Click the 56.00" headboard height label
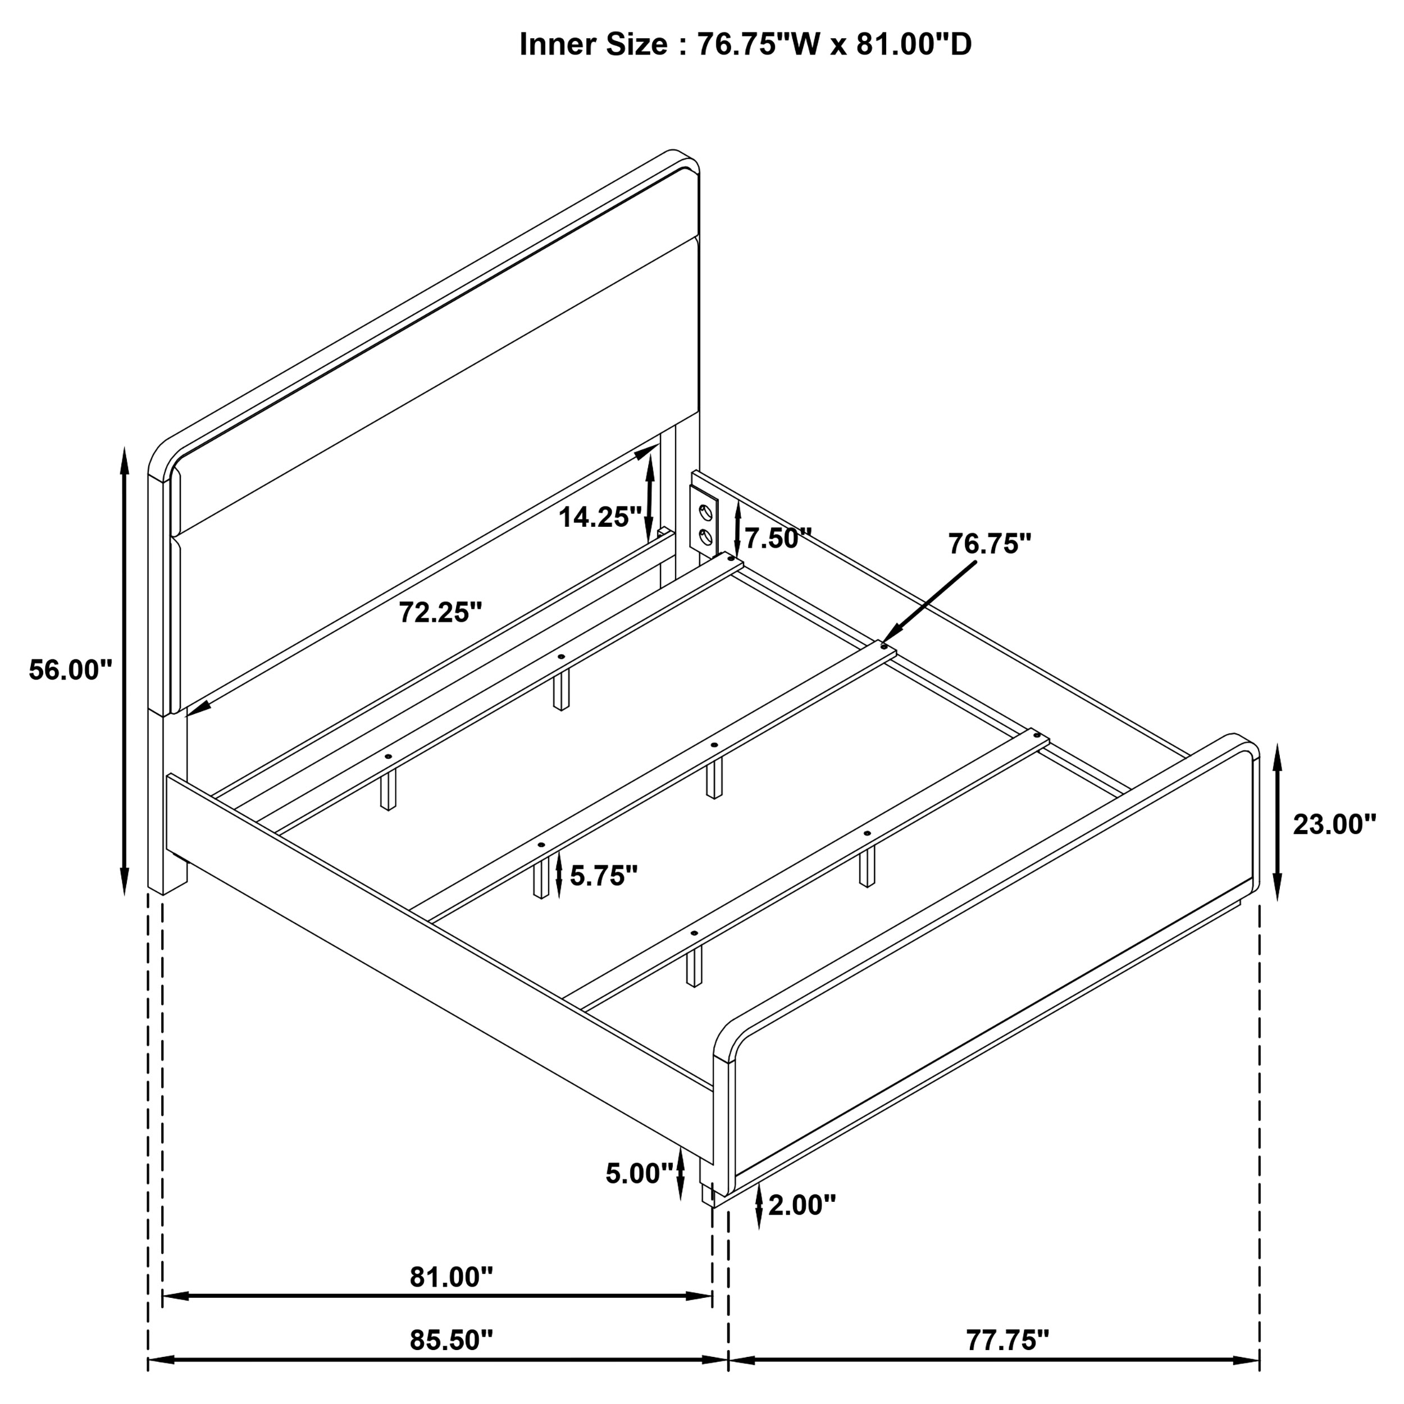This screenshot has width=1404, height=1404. coord(71,669)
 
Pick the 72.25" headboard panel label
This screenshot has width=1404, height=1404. coord(440,612)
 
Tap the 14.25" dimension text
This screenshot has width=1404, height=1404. coord(600,517)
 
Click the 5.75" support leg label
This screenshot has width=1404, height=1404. coord(603,876)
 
